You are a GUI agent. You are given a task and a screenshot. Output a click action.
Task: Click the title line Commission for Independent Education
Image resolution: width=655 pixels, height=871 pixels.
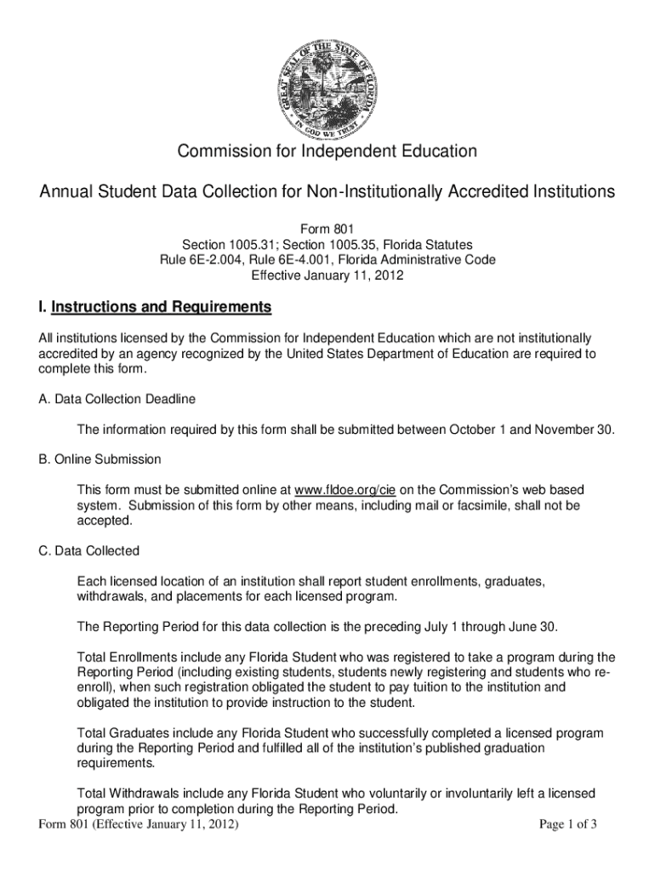[x=327, y=152]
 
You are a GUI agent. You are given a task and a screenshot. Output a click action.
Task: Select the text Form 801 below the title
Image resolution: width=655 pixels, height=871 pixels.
[x=327, y=229]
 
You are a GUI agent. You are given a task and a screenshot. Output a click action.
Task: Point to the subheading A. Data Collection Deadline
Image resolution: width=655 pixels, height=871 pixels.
[x=117, y=399]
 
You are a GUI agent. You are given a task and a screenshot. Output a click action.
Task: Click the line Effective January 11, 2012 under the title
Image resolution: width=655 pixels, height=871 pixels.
[x=327, y=276]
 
